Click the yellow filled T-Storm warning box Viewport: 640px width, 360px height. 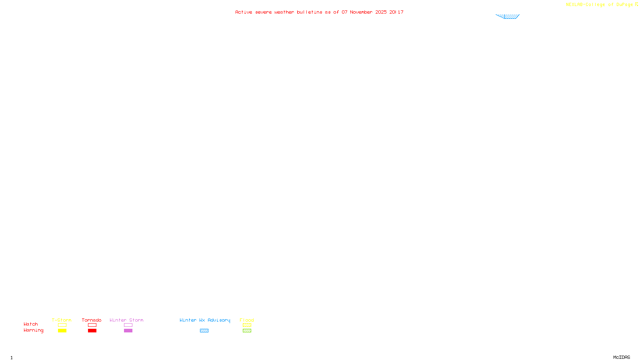(x=62, y=331)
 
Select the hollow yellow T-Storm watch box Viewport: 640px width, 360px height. (x=62, y=325)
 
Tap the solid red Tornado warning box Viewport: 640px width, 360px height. (x=92, y=331)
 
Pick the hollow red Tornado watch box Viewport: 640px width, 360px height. (x=92, y=325)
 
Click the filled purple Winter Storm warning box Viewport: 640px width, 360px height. (x=128, y=331)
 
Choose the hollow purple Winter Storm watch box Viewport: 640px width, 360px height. (x=128, y=325)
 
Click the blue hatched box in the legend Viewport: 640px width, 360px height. (x=204, y=331)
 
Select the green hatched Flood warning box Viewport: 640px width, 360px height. (x=247, y=331)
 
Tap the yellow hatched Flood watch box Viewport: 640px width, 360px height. (x=247, y=325)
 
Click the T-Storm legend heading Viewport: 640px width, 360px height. (x=62, y=320)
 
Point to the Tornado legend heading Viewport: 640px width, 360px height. (x=92, y=320)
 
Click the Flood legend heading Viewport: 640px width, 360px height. (x=247, y=320)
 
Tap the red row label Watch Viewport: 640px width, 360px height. (x=31, y=324)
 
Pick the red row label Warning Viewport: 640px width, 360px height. (x=33, y=330)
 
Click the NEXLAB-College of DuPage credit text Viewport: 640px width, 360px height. (x=600, y=4)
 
